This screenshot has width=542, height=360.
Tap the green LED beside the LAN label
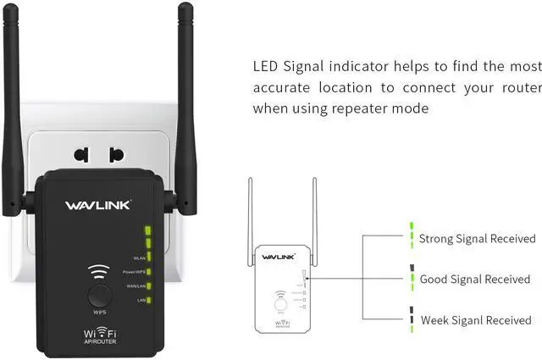pos(148,300)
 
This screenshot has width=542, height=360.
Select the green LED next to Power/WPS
pos(148,272)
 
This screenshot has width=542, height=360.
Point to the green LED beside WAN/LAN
pos(148,286)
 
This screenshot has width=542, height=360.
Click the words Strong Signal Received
pos(478,240)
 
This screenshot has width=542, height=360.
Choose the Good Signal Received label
pos(474,280)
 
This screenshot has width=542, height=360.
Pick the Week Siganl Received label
pos(476,320)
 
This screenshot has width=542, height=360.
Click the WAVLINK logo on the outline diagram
pos(277,257)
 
